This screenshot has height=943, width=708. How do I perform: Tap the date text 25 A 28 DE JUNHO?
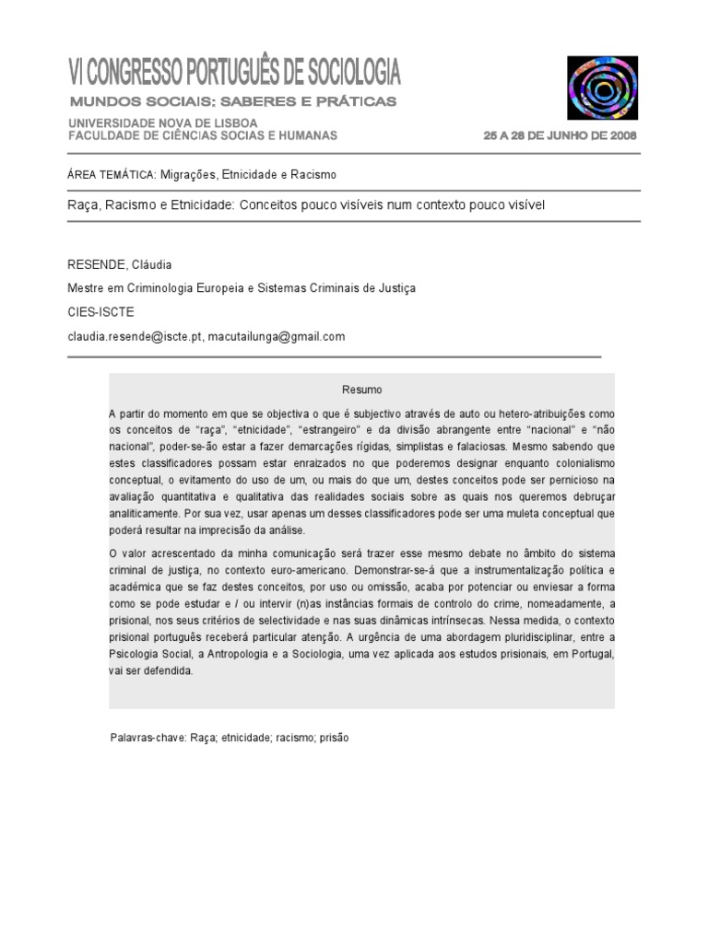pyautogui.click(x=549, y=135)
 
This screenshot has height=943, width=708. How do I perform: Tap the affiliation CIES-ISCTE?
pyautogui.click(x=101, y=312)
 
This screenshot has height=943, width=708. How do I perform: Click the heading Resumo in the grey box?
pyautogui.click(x=361, y=390)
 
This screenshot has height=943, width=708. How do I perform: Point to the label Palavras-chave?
pyautogui.click(x=147, y=738)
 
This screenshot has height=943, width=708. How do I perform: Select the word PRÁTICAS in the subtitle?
pyautogui.click(x=360, y=100)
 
